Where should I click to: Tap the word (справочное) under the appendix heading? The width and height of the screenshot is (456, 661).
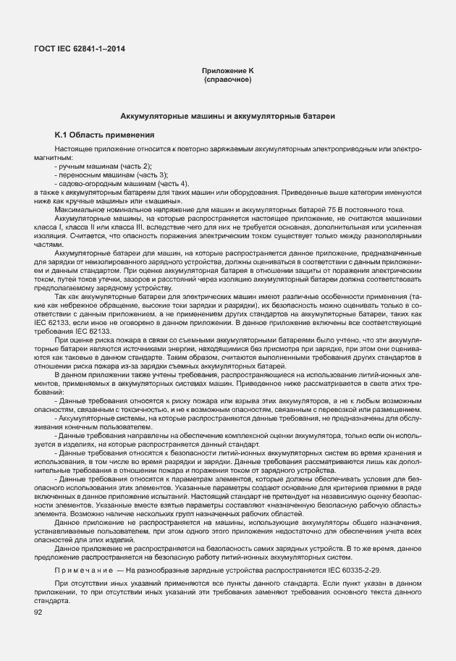click(228, 79)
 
